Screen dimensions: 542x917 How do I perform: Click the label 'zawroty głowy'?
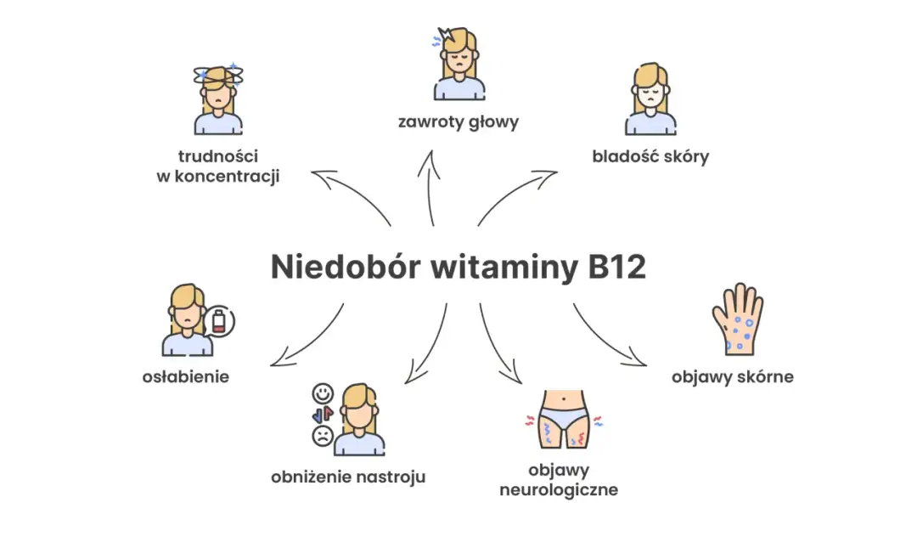point(458,121)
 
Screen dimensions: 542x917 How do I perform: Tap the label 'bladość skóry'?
point(650,156)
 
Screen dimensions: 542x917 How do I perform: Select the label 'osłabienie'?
point(186,375)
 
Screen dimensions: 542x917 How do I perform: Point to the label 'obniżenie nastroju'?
point(348,477)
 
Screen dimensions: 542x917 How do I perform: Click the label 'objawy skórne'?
point(732,375)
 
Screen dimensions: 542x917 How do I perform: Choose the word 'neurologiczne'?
point(559,490)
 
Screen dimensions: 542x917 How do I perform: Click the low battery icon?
point(220,323)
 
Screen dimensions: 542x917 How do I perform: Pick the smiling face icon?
point(322,394)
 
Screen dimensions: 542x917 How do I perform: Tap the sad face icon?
point(322,436)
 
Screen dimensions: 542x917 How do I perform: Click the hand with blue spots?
point(737,319)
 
